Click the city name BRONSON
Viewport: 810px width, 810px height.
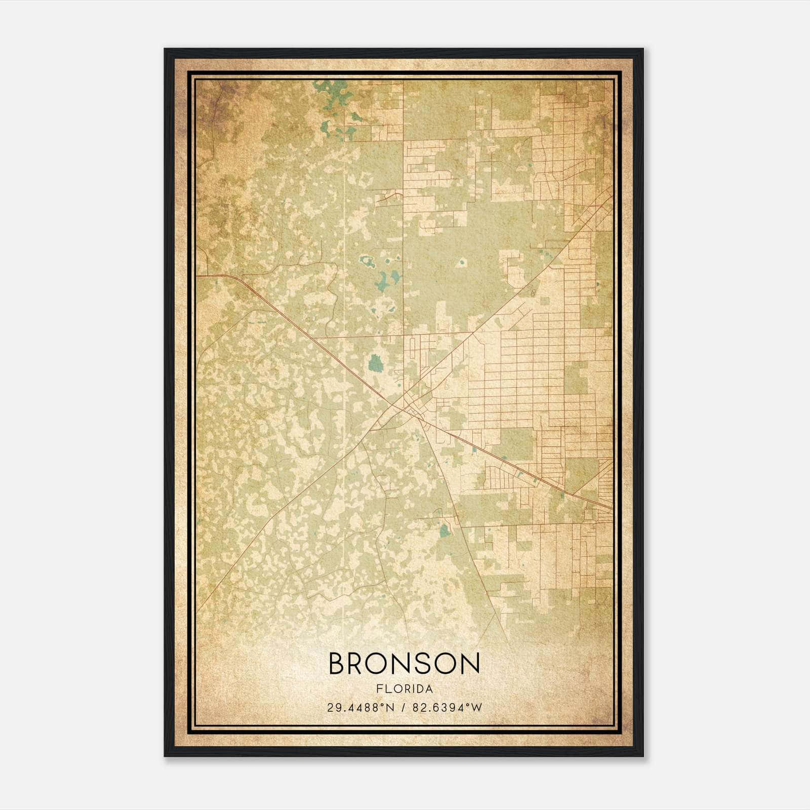(404, 663)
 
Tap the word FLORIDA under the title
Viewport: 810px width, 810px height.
(404, 689)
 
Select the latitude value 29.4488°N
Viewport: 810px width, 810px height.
(360, 708)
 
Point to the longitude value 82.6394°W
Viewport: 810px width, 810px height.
(448, 708)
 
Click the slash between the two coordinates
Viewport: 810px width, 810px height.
(403, 708)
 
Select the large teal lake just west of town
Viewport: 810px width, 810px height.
(376, 363)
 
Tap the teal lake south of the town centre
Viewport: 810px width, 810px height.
(444, 530)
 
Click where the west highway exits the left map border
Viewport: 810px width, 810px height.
(198, 276)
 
